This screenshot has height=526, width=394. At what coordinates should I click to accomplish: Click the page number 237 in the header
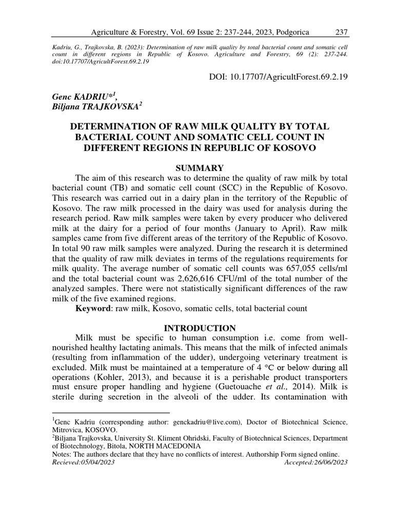(342, 32)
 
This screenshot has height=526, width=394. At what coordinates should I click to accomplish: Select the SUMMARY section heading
(200, 168)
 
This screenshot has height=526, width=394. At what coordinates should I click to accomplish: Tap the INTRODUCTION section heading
(200, 328)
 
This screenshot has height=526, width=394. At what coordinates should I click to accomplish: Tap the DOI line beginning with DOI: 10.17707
(277, 77)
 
